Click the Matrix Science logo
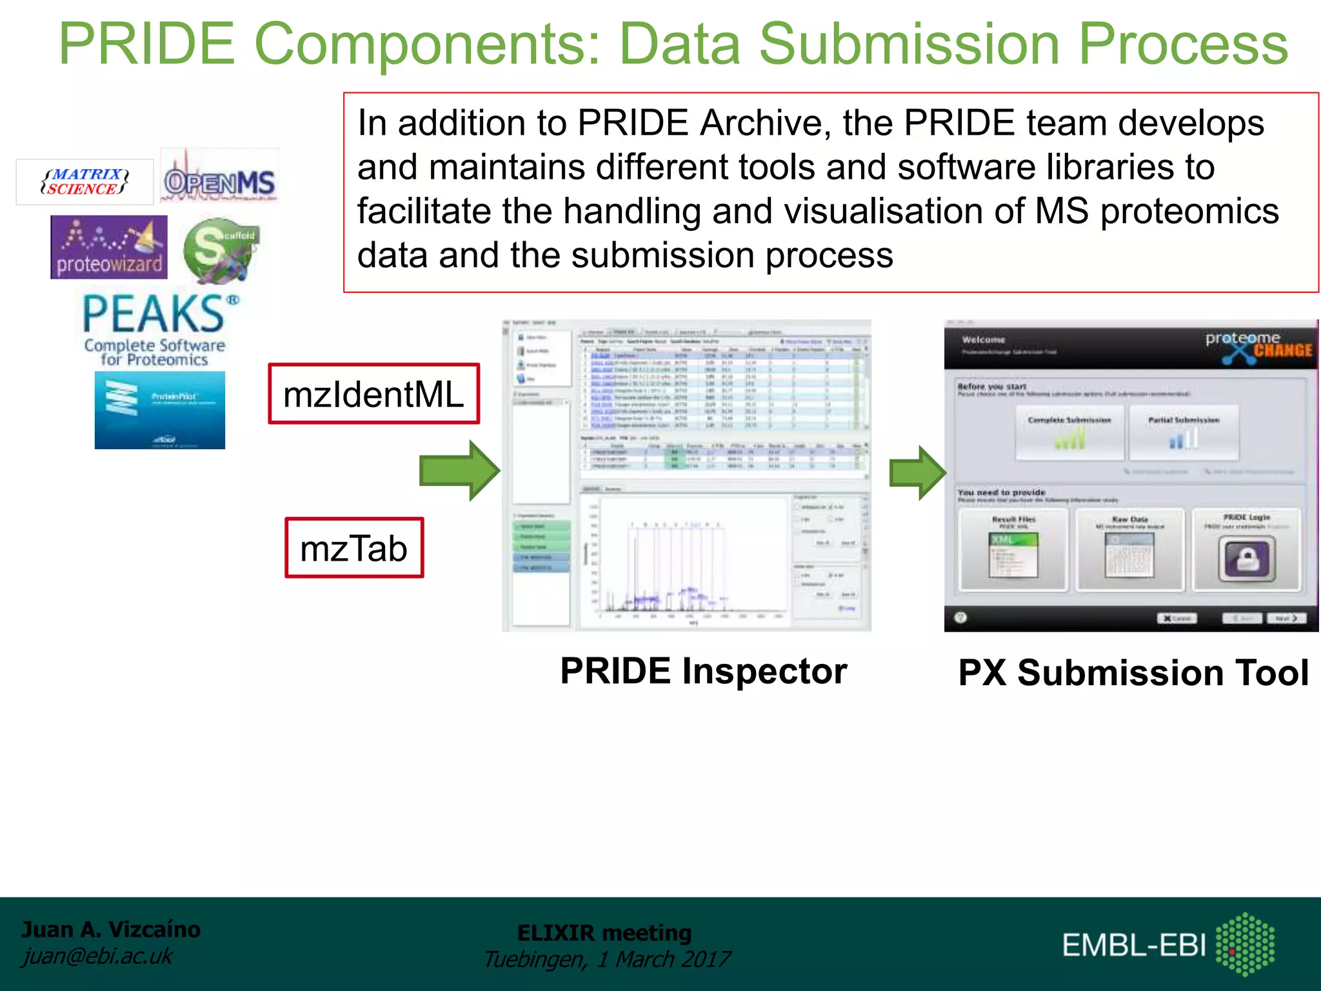point(84,182)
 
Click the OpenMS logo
point(219,181)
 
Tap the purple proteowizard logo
point(109,248)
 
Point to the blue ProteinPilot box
point(160,410)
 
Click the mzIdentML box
point(373,394)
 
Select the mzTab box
point(354,548)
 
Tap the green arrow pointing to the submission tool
point(917,472)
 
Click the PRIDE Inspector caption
point(703,671)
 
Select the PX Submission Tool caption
point(1133,673)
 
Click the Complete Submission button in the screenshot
point(1069,432)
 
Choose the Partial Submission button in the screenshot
point(1184,432)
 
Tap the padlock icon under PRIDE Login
point(1247,559)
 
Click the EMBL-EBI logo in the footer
point(1168,944)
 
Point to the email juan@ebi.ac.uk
point(97,956)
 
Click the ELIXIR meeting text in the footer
point(604,933)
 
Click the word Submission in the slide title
point(909,44)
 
